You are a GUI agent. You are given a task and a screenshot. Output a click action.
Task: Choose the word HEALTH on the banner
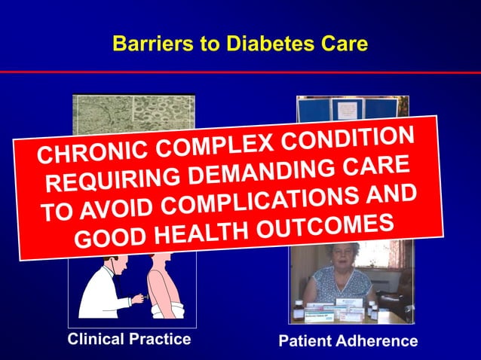[x=199, y=232]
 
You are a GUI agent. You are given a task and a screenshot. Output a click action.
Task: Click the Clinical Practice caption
[x=129, y=339]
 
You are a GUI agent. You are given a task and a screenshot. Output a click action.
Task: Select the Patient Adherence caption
[x=348, y=340]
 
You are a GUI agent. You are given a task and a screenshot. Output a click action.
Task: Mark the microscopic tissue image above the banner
[x=133, y=114]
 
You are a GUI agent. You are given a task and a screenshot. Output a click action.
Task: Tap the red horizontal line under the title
[x=240, y=72]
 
